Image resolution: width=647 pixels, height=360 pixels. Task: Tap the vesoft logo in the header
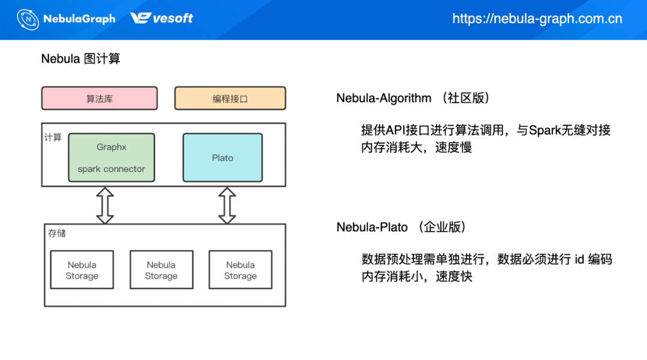pyautogui.click(x=162, y=19)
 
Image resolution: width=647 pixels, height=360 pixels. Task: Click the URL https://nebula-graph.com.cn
pyautogui.click(x=537, y=19)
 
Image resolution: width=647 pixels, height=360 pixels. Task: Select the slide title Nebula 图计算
pyautogui.click(x=80, y=59)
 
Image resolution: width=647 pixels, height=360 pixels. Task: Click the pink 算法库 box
pyautogui.click(x=99, y=99)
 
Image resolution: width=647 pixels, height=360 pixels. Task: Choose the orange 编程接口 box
pyautogui.click(x=230, y=99)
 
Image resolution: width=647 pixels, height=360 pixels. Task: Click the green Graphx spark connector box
pyautogui.click(x=111, y=158)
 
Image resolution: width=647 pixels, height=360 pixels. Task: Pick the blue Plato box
pyautogui.click(x=222, y=158)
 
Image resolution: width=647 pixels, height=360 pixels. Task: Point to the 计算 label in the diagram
pyautogui.click(x=53, y=137)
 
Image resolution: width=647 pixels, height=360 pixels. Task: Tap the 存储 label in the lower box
pyautogui.click(x=57, y=233)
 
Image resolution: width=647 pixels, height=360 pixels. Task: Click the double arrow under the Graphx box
pyautogui.click(x=105, y=205)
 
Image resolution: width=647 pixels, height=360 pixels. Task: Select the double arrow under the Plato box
pyautogui.click(x=227, y=205)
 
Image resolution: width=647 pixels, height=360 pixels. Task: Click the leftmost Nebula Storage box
pyautogui.click(x=82, y=270)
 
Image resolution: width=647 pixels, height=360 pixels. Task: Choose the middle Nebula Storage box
pyautogui.click(x=161, y=270)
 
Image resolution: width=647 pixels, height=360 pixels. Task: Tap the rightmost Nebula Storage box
pyautogui.click(x=240, y=270)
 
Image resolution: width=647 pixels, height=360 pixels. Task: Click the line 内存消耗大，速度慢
pyautogui.click(x=416, y=147)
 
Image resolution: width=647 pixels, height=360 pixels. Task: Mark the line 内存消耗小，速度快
pyautogui.click(x=416, y=276)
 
